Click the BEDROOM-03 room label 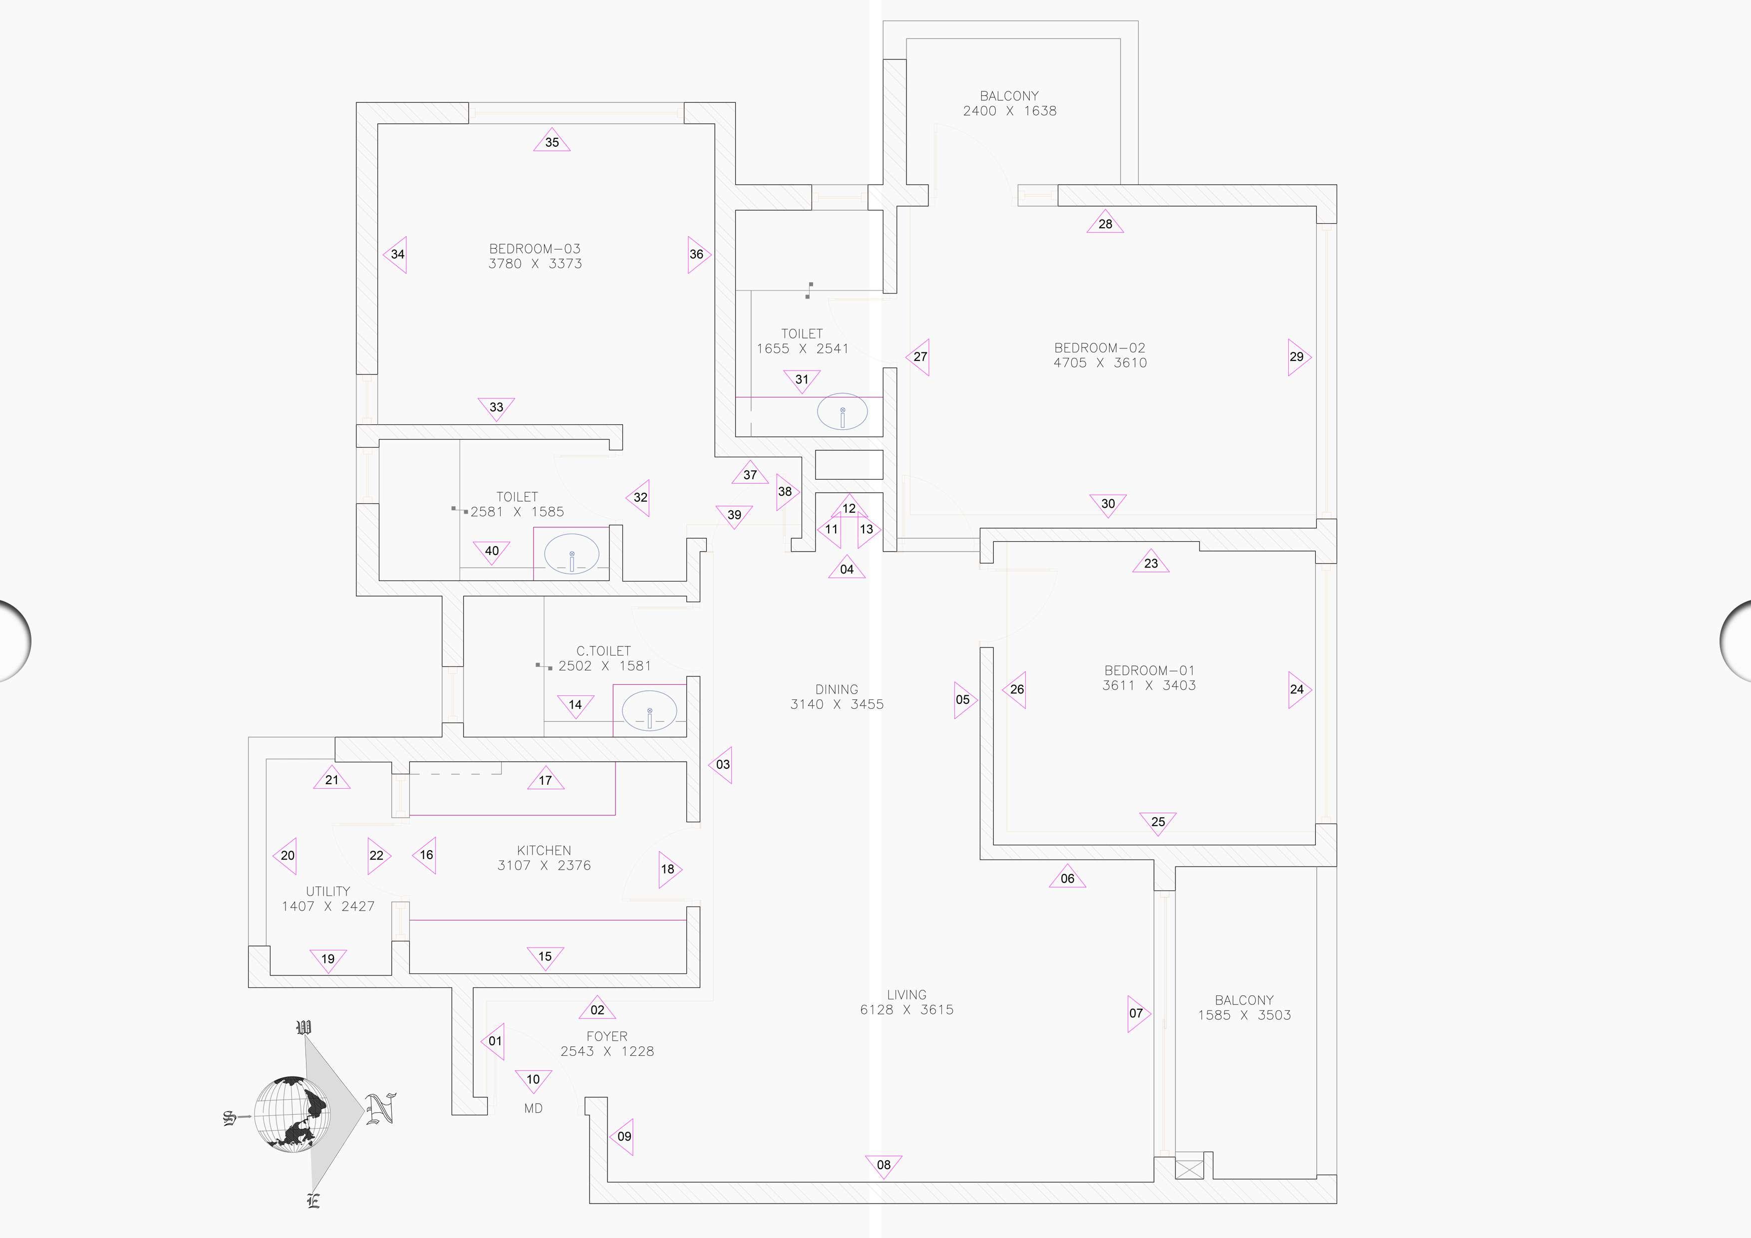(x=535, y=249)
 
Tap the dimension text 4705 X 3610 (x=1100, y=363)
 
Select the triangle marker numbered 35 (x=552, y=142)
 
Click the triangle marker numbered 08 (x=883, y=1165)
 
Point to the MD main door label (x=533, y=1108)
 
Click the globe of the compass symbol (x=292, y=1114)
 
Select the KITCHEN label (x=544, y=851)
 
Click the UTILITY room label (x=328, y=891)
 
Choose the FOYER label (x=607, y=1037)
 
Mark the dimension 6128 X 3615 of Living (x=907, y=1010)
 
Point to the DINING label (x=837, y=689)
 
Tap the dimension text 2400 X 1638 (x=1010, y=111)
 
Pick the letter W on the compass (x=303, y=1027)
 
